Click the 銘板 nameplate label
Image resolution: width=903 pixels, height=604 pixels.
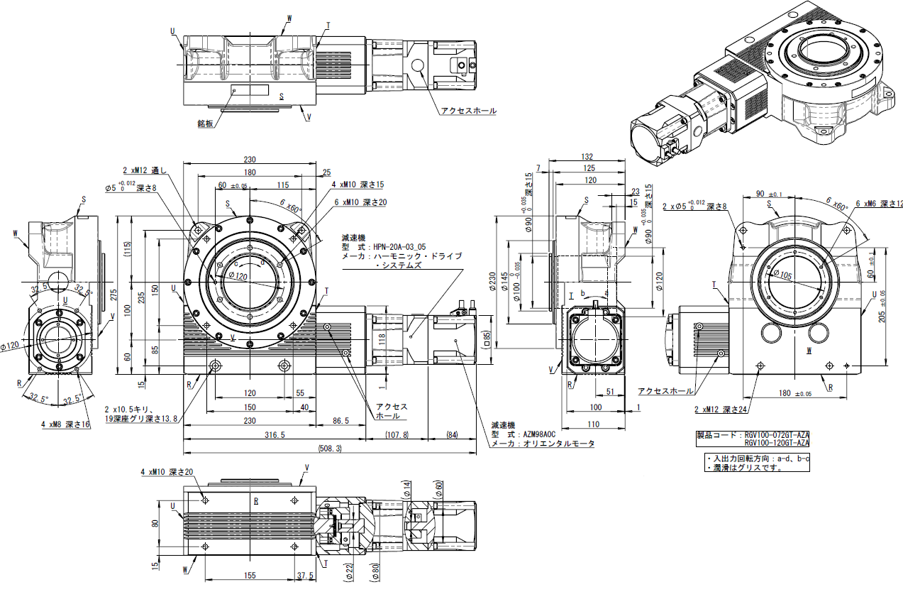point(206,123)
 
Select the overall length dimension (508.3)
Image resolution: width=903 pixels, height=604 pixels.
point(330,449)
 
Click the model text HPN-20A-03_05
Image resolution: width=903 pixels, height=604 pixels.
point(394,246)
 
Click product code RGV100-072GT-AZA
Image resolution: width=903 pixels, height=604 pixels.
point(777,434)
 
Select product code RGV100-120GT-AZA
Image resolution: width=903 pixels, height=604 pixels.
point(777,443)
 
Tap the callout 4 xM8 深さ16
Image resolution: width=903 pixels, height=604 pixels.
point(65,424)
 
